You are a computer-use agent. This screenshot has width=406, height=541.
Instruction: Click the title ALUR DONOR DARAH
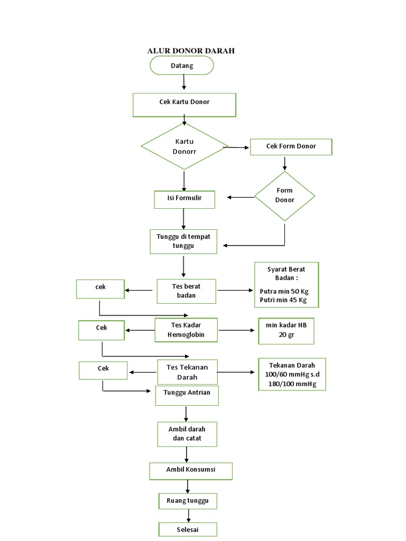pyautogui.click(x=190, y=51)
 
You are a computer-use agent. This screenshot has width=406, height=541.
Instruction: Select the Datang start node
pyautogui.click(x=182, y=66)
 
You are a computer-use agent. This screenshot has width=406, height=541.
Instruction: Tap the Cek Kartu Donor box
pyautogui.click(x=184, y=105)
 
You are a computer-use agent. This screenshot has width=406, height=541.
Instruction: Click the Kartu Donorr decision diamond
pyautogui.click(x=184, y=146)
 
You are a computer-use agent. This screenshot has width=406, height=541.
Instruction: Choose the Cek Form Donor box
pyautogui.click(x=291, y=146)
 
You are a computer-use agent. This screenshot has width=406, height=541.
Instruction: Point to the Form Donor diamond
pyautogui.click(x=284, y=195)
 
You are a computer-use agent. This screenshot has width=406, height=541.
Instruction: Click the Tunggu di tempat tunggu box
pyautogui.click(x=183, y=241)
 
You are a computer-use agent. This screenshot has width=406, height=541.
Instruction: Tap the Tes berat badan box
pyautogui.click(x=186, y=291)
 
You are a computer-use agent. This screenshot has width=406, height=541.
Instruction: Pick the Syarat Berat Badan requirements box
pyautogui.click(x=286, y=284)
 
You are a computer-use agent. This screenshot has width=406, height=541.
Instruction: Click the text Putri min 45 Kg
pyautogui.click(x=283, y=300)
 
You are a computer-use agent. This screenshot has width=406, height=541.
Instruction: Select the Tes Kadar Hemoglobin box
pyautogui.click(x=186, y=330)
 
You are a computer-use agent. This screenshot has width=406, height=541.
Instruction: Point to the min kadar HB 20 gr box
pyautogui.click(x=286, y=330)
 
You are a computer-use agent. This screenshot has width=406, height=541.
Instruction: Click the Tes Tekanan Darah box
pyautogui.click(x=187, y=372)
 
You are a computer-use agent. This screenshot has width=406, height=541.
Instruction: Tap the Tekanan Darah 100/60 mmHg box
pyautogui.click(x=292, y=374)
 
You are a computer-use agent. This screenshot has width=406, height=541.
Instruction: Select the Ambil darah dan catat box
pyautogui.click(x=187, y=434)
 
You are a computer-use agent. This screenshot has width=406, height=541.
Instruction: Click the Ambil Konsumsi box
pyautogui.click(x=191, y=471)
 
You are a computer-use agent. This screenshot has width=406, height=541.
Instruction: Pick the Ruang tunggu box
pyautogui.click(x=188, y=500)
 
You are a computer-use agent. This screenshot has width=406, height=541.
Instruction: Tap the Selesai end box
pyautogui.click(x=188, y=529)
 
